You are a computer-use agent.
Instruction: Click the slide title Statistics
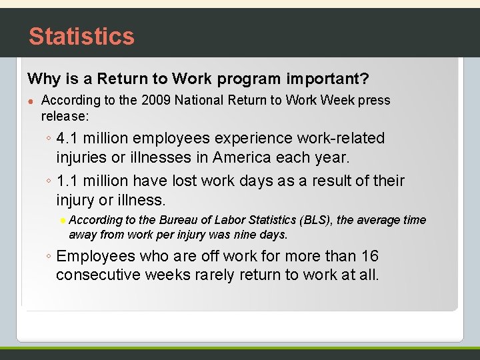[81, 36]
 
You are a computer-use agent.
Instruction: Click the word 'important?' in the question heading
[327, 79]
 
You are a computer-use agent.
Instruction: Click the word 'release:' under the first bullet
[65, 116]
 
